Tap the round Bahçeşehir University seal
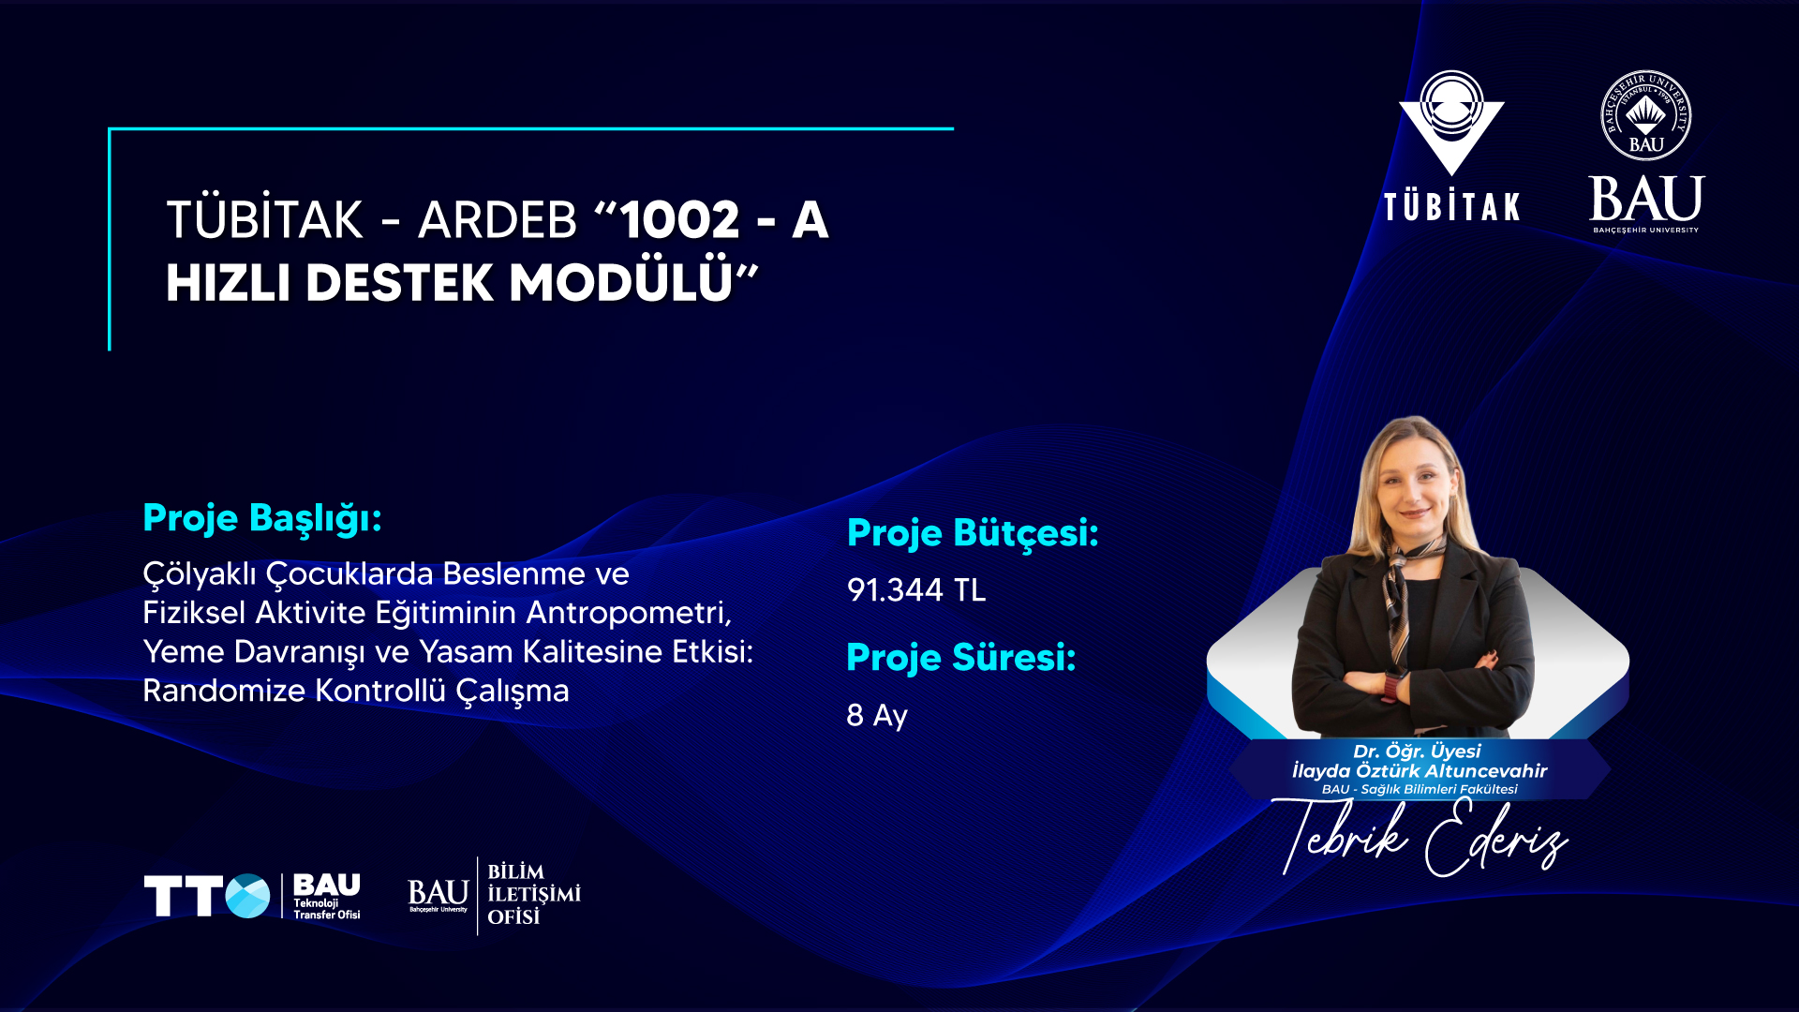[x=1646, y=115]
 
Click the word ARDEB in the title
[x=498, y=220]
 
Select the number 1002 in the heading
[x=680, y=220]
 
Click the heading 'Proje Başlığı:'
[x=262, y=518]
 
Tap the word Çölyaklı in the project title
[x=200, y=574]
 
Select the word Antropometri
[x=629, y=613]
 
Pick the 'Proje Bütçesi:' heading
[x=973, y=533]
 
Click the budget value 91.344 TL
[x=916, y=590]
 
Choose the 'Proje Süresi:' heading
[x=961, y=658]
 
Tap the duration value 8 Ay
[x=877, y=716]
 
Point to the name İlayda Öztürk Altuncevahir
[x=1420, y=771]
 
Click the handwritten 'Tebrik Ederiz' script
[x=1422, y=837]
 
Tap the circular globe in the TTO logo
[x=247, y=896]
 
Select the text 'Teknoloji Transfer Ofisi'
[x=327, y=909]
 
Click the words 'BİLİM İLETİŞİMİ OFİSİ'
[x=534, y=895]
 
